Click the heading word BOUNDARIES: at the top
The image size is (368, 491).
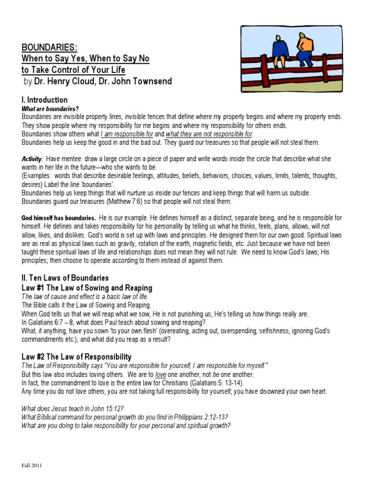click(x=49, y=47)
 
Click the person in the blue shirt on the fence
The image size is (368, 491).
click(x=280, y=47)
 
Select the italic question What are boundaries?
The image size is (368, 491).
click(x=50, y=109)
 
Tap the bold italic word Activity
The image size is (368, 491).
click(x=32, y=159)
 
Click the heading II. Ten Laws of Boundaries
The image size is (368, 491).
click(x=65, y=278)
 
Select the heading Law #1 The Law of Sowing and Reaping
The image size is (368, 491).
click(x=87, y=288)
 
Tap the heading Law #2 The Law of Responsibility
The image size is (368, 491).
click(x=76, y=357)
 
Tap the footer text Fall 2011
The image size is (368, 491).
click(x=32, y=466)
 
